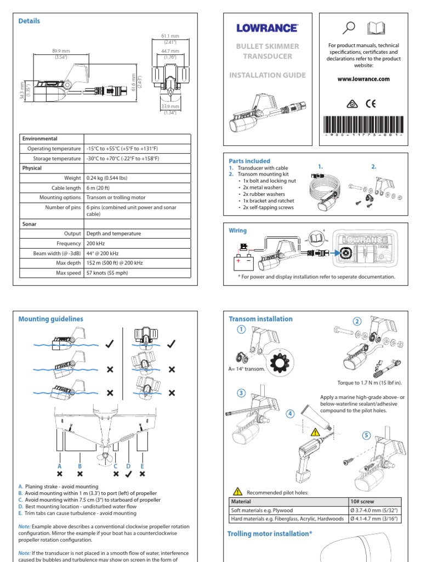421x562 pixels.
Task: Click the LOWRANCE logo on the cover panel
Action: (267, 27)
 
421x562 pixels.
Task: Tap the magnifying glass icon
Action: (349, 27)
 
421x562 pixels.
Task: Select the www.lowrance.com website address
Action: (363, 79)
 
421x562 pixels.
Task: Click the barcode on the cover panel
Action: (363, 124)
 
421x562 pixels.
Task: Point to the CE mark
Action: (371, 103)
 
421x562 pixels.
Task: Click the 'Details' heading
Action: (29, 21)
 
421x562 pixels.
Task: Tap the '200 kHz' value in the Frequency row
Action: (96, 243)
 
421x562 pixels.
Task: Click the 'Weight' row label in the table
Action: (72, 178)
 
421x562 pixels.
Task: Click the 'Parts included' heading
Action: (249, 161)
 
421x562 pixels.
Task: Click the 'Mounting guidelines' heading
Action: (51, 318)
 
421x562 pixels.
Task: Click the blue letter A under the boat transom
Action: (60, 465)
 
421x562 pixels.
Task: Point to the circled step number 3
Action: (241, 394)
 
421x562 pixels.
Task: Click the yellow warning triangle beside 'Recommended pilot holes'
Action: (237, 492)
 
